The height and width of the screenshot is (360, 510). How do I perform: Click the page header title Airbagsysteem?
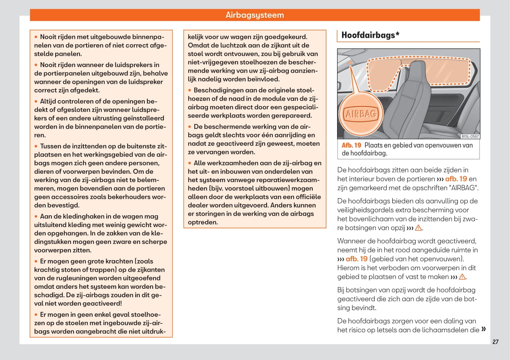(254, 15)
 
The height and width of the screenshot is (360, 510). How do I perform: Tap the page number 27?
(495, 342)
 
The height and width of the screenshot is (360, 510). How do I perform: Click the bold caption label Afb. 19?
(351, 145)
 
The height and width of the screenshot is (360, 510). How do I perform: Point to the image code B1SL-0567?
(470, 136)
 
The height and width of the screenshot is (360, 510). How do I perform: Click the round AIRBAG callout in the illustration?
(360, 114)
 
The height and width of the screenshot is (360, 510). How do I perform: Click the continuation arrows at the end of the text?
(484, 329)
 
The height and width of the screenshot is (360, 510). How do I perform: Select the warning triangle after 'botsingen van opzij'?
(419, 228)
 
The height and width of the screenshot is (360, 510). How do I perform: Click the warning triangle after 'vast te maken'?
(462, 277)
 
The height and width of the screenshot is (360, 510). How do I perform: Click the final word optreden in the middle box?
(203, 222)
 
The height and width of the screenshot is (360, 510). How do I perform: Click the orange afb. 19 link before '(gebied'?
(357, 259)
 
